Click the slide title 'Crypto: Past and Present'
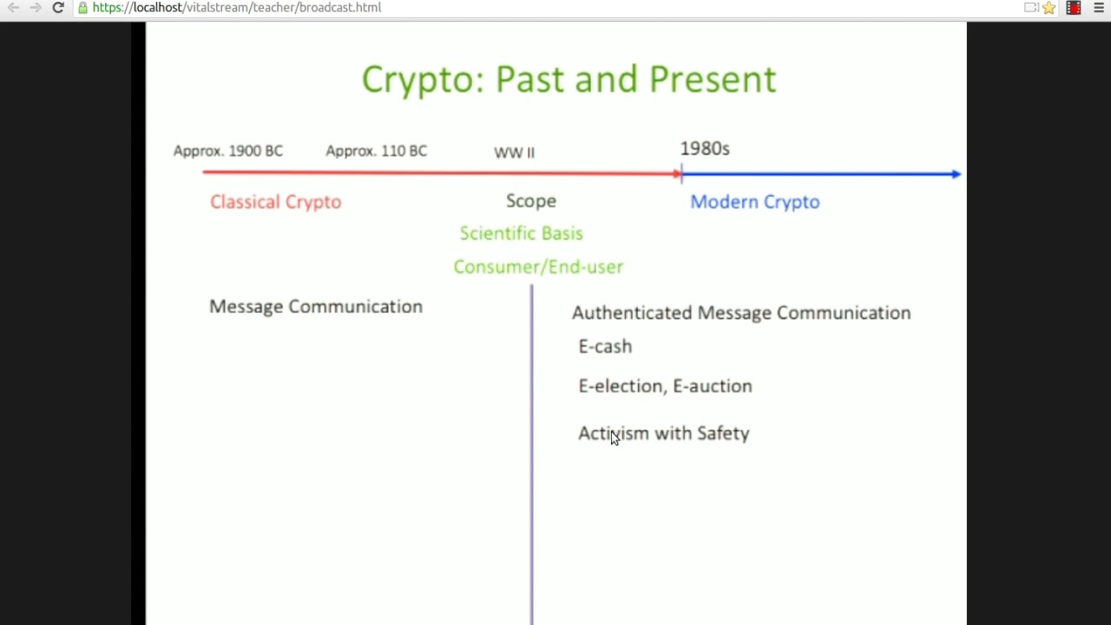pyautogui.click(x=569, y=79)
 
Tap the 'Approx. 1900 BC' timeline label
pyautogui.click(x=227, y=151)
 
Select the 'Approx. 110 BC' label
pyautogui.click(x=376, y=151)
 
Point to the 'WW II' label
pyautogui.click(x=514, y=153)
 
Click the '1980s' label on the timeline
pyautogui.click(x=704, y=148)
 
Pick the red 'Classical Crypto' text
pyautogui.click(x=275, y=201)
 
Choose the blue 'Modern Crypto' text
pyautogui.click(x=754, y=201)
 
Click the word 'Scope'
pyautogui.click(x=530, y=201)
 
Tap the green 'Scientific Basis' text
pyautogui.click(x=521, y=234)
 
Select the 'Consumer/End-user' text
pyautogui.click(x=538, y=266)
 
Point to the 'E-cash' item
pyautogui.click(x=605, y=346)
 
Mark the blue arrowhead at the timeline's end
pyautogui.click(x=956, y=174)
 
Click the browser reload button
pyautogui.click(x=58, y=8)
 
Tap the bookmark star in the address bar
pyautogui.click(x=1049, y=8)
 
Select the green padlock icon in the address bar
pyautogui.click(x=82, y=8)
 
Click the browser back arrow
pyautogui.click(x=13, y=8)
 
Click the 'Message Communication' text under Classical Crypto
pyautogui.click(x=315, y=306)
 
